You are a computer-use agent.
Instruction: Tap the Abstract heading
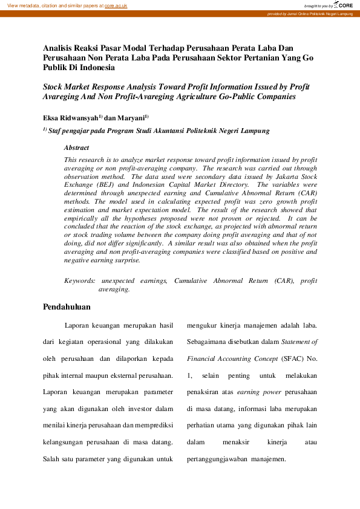click(76, 148)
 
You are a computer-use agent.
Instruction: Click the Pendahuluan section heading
click(68, 308)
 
